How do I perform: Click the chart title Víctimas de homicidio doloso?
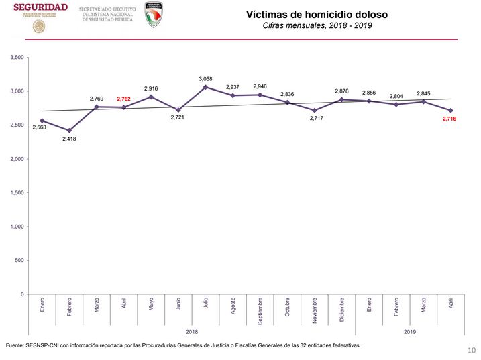pos(317,13)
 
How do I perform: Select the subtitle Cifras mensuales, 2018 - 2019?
pos(317,25)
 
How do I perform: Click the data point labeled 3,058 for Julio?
pos(205,87)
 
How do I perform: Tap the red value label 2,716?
pos(451,119)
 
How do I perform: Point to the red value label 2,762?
pos(124,99)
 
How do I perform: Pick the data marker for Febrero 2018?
pos(69,131)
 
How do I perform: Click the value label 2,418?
pos(69,139)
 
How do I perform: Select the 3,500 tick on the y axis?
pos(17,58)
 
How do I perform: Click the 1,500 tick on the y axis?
pos(17,193)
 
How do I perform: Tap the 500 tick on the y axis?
pos(19,261)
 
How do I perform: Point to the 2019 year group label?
pos(409,331)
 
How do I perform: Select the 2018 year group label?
pos(192,331)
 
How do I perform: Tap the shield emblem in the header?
pos(158,14)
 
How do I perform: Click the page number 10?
pos(471,350)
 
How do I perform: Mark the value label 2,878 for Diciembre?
pos(341,91)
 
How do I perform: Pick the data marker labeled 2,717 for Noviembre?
pos(314,110)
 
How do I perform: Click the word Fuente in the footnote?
pos(14,346)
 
